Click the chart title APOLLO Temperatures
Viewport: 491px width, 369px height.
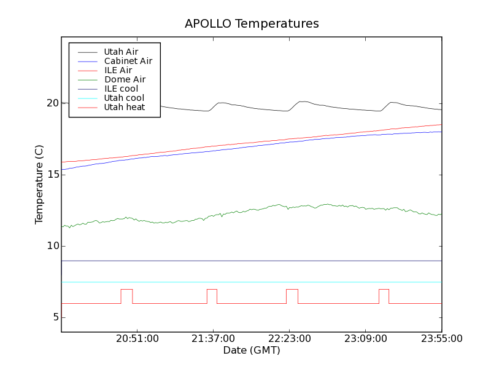tap(252, 24)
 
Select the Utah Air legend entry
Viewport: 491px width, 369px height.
tap(121, 52)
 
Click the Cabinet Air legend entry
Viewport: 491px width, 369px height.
tap(128, 61)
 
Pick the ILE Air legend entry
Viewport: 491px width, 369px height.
tap(118, 70)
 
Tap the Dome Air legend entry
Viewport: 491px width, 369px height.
tap(125, 79)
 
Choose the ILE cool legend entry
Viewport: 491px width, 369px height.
tap(121, 89)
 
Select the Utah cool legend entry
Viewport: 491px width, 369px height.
tap(124, 98)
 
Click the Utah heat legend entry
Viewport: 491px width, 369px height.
tap(124, 107)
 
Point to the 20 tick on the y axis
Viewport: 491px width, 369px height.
tap(52, 103)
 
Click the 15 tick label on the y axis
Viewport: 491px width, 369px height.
tap(52, 175)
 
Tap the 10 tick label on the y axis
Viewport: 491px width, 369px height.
tap(52, 246)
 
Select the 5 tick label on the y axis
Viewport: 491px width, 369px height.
tap(55, 317)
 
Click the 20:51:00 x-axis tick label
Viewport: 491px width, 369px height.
tap(137, 339)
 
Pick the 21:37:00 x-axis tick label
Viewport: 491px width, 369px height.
tap(214, 339)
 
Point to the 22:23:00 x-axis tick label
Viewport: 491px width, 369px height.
tap(290, 339)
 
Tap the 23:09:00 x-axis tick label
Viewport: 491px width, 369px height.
tap(366, 339)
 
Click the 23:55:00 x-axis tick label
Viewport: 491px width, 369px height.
tap(441, 339)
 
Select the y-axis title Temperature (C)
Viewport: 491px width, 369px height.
tap(39, 184)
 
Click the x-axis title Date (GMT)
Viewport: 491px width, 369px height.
tap(252, 351)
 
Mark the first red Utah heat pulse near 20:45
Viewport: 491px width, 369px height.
tap(126, 289)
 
